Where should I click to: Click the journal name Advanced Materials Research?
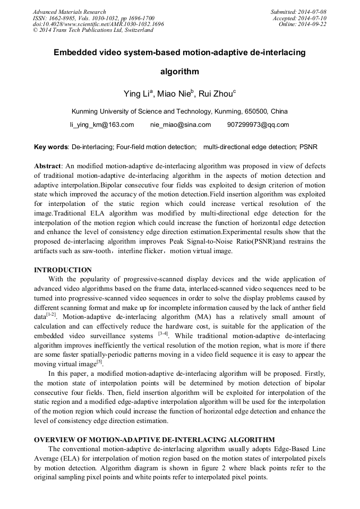click(x=70, y=12)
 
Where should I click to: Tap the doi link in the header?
click(x=98, y=24)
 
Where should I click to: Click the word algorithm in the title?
click(x=179, y=71)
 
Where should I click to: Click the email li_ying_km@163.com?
click(x=102, y=125)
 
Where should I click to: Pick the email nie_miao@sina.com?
click(x=181, y=125)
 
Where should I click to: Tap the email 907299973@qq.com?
click(x=258, y=125)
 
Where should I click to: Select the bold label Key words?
click(x=51, y=146)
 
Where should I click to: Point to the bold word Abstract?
click(x=48, y=166)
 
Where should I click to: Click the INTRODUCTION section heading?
click(x=63, y=270)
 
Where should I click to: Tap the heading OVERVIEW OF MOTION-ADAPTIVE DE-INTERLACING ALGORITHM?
click(x=155, y=439)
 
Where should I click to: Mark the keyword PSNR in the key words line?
click(x=308, y=146)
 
